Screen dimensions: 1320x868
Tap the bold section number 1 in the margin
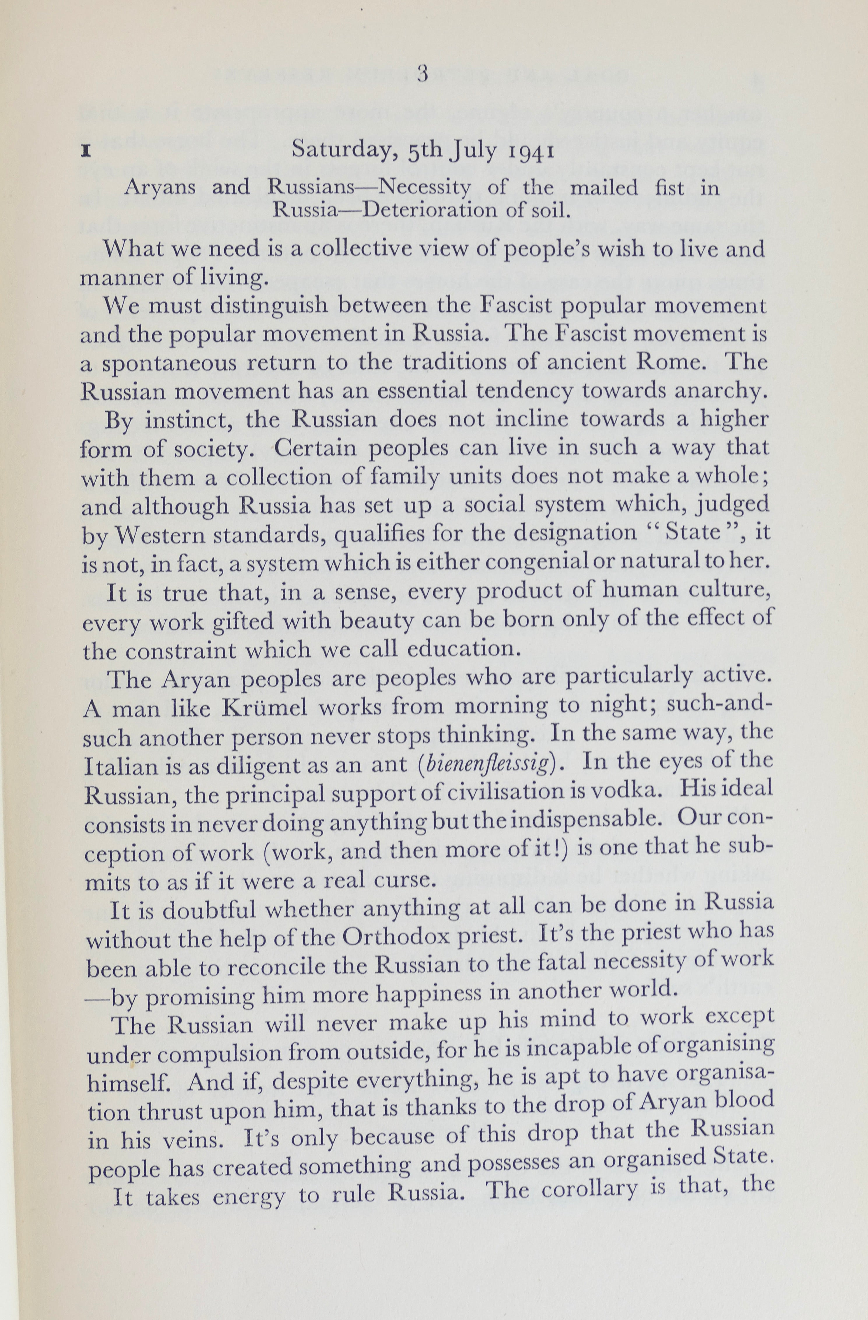tap(86, 152)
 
